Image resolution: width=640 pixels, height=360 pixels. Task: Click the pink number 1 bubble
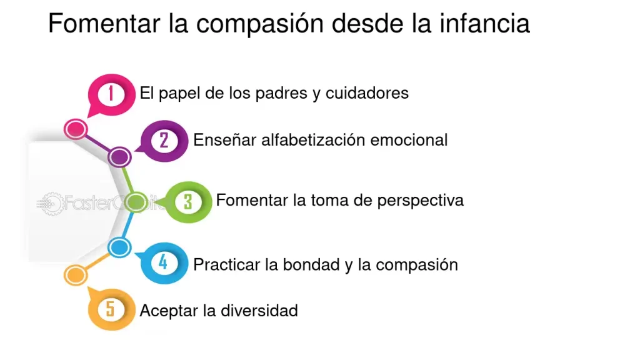point(111,94)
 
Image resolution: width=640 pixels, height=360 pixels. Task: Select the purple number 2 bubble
point(163,141)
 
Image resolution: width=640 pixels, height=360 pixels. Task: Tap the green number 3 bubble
point(187,202)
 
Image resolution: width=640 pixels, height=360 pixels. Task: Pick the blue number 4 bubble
point(163,263)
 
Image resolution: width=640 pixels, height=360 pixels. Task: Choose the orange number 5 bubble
point(111,309)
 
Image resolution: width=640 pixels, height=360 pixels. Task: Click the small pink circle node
point(76,129)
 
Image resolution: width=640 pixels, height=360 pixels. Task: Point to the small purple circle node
point(119,157)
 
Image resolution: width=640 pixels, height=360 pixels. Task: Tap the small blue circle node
point(119,247)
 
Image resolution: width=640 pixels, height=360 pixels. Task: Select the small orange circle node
point(76,275)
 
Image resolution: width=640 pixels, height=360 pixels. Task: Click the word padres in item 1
point(281,94)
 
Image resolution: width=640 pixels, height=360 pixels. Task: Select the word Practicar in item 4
point(227,264)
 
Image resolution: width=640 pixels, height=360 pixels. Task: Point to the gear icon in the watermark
point(52,203)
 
